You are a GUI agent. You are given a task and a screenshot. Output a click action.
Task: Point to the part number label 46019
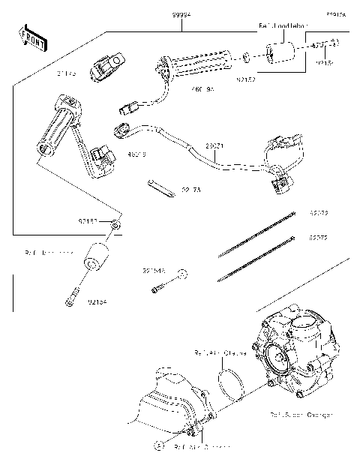136,154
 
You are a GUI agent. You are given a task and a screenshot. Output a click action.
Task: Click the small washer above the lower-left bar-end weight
113,224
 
